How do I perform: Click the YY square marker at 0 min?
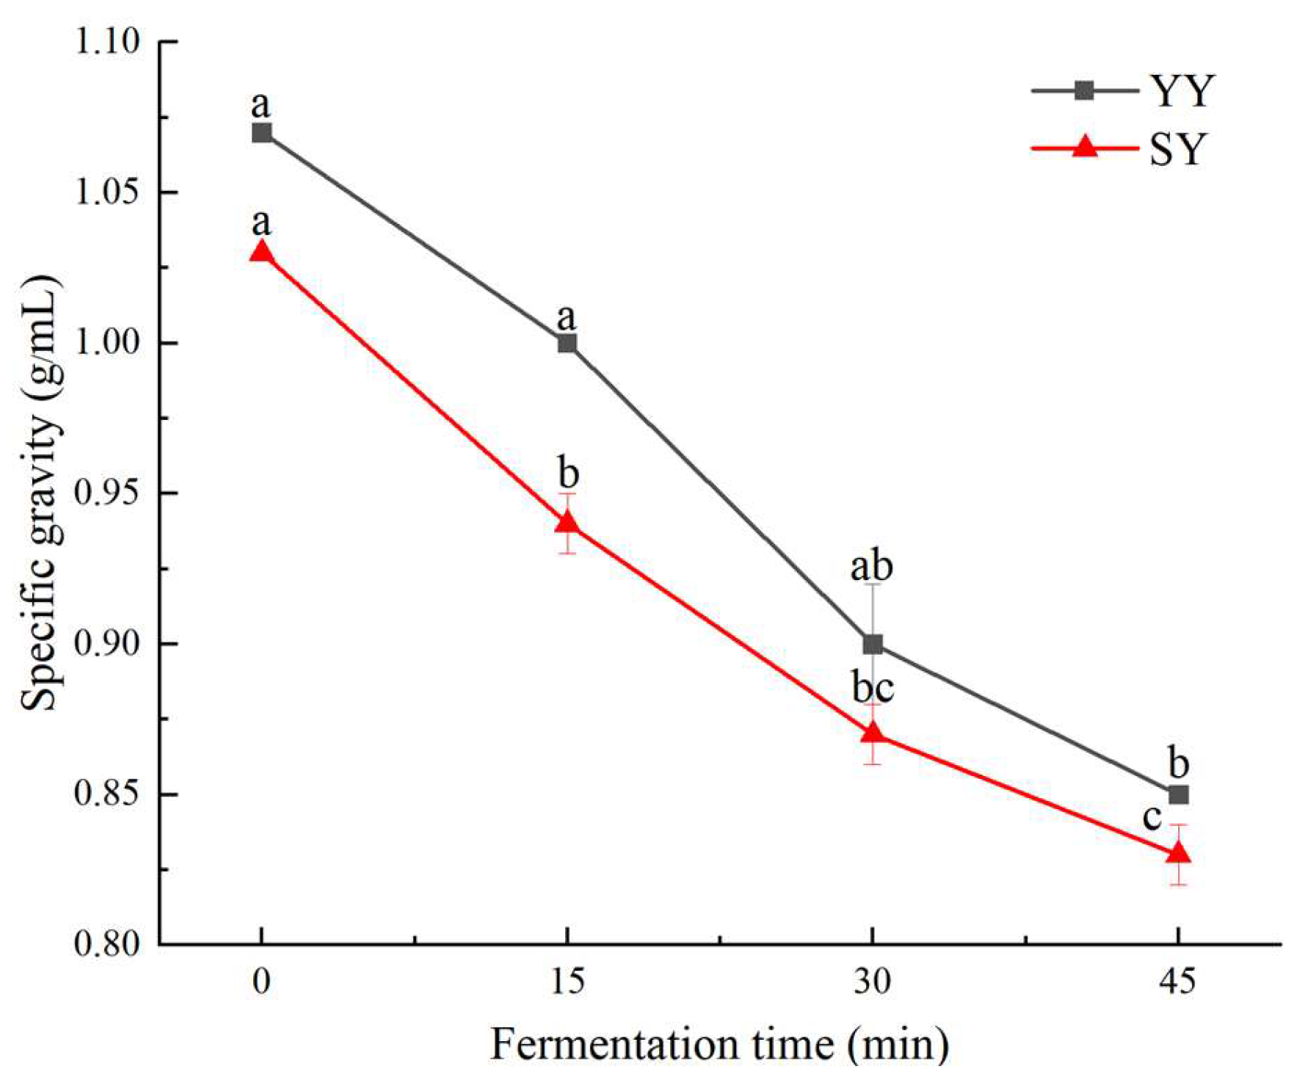pos(261,133)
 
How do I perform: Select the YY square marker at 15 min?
pos(567,343)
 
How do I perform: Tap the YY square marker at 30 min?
pos(873,645)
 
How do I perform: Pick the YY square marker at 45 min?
pos(1178,794)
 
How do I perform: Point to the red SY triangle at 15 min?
pos(567,523)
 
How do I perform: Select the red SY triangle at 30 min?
pos(873,734)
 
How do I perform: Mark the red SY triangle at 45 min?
pos(1178,853)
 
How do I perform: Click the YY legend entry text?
pos(1182,92)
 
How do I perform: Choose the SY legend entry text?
pos(1178,149)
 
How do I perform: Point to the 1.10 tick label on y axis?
pos(107,42)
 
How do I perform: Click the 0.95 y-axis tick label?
pos(107,493)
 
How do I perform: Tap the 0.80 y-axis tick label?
pos(107,944)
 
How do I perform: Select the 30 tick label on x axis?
pos(872,981)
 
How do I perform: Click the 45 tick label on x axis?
pos(1177,981)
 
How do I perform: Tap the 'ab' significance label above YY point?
pos(871,567)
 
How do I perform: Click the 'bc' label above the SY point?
pos(873,688)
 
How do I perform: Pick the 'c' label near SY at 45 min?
pos(1152,817)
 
